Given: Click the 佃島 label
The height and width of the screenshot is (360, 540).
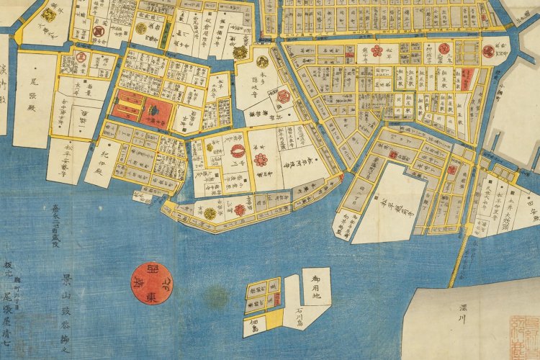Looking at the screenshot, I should coord(256,325).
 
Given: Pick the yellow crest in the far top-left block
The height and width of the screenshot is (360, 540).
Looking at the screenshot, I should coord(49,14).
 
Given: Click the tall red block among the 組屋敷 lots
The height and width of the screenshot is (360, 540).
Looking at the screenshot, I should coord(466,78).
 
